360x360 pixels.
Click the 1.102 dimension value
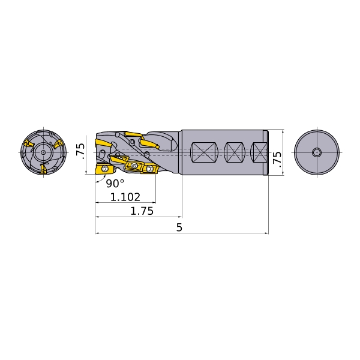pyautogui.click(x=125, y=197)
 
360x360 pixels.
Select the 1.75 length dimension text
pyautogui.click(x=142, y=211)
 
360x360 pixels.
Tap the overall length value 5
pyautogui.click(x=179, y=227)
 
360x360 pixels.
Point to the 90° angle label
pyautogui.click(x=115, y=183)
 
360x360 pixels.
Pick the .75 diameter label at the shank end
pyautogui.click(x=277, y=160)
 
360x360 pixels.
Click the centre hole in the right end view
pyautogui.click(x=317, y=152)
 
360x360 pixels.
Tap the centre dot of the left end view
pyautogui.click(x=43, y=152)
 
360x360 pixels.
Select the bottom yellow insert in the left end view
pyautogui.click(x=43, y=169)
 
